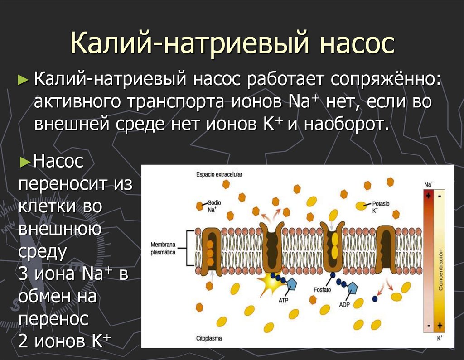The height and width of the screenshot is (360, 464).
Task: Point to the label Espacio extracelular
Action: click(x=219, y=174)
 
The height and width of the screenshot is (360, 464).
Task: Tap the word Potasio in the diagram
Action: click(x=381, y=204)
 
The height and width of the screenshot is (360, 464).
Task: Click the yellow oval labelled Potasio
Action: click(x=361, y=206)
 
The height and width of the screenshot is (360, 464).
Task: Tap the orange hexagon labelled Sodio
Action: click(x=199, y=206)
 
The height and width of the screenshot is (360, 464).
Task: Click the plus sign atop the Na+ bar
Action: click(x=428, y=196)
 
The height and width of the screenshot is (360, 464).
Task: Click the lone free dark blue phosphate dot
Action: click(x=375, y=298)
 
